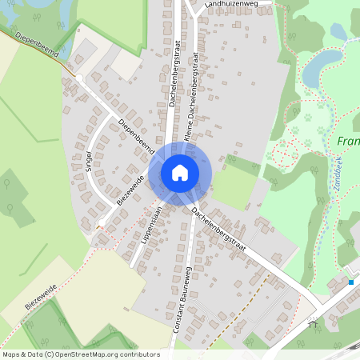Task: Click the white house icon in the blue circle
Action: (180, 172)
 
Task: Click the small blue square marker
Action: (350, 282)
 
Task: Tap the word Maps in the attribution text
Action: (12, 354)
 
